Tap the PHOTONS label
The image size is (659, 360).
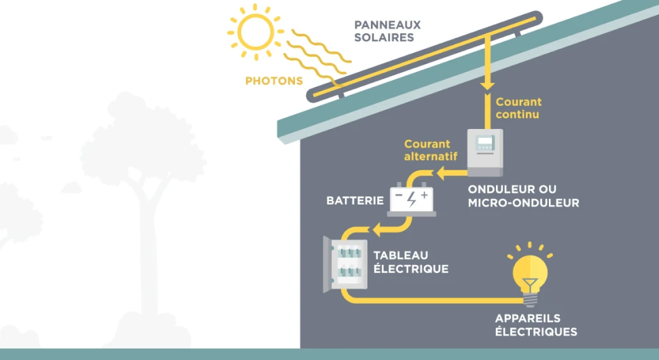274,81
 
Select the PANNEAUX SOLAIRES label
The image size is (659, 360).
387,31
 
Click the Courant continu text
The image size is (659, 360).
518,108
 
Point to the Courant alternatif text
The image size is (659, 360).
427,150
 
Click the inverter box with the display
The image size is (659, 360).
484,151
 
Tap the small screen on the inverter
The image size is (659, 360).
484,143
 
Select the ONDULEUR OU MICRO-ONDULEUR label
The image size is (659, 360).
523,196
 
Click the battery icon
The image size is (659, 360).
412,200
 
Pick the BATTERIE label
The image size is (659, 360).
355,201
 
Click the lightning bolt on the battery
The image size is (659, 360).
412,199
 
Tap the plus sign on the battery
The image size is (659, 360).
425,195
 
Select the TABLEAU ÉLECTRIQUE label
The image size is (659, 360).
411,262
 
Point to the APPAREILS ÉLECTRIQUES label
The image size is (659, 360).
536,325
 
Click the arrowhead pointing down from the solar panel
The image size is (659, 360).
486,86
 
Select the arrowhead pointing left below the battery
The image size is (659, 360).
375,229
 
